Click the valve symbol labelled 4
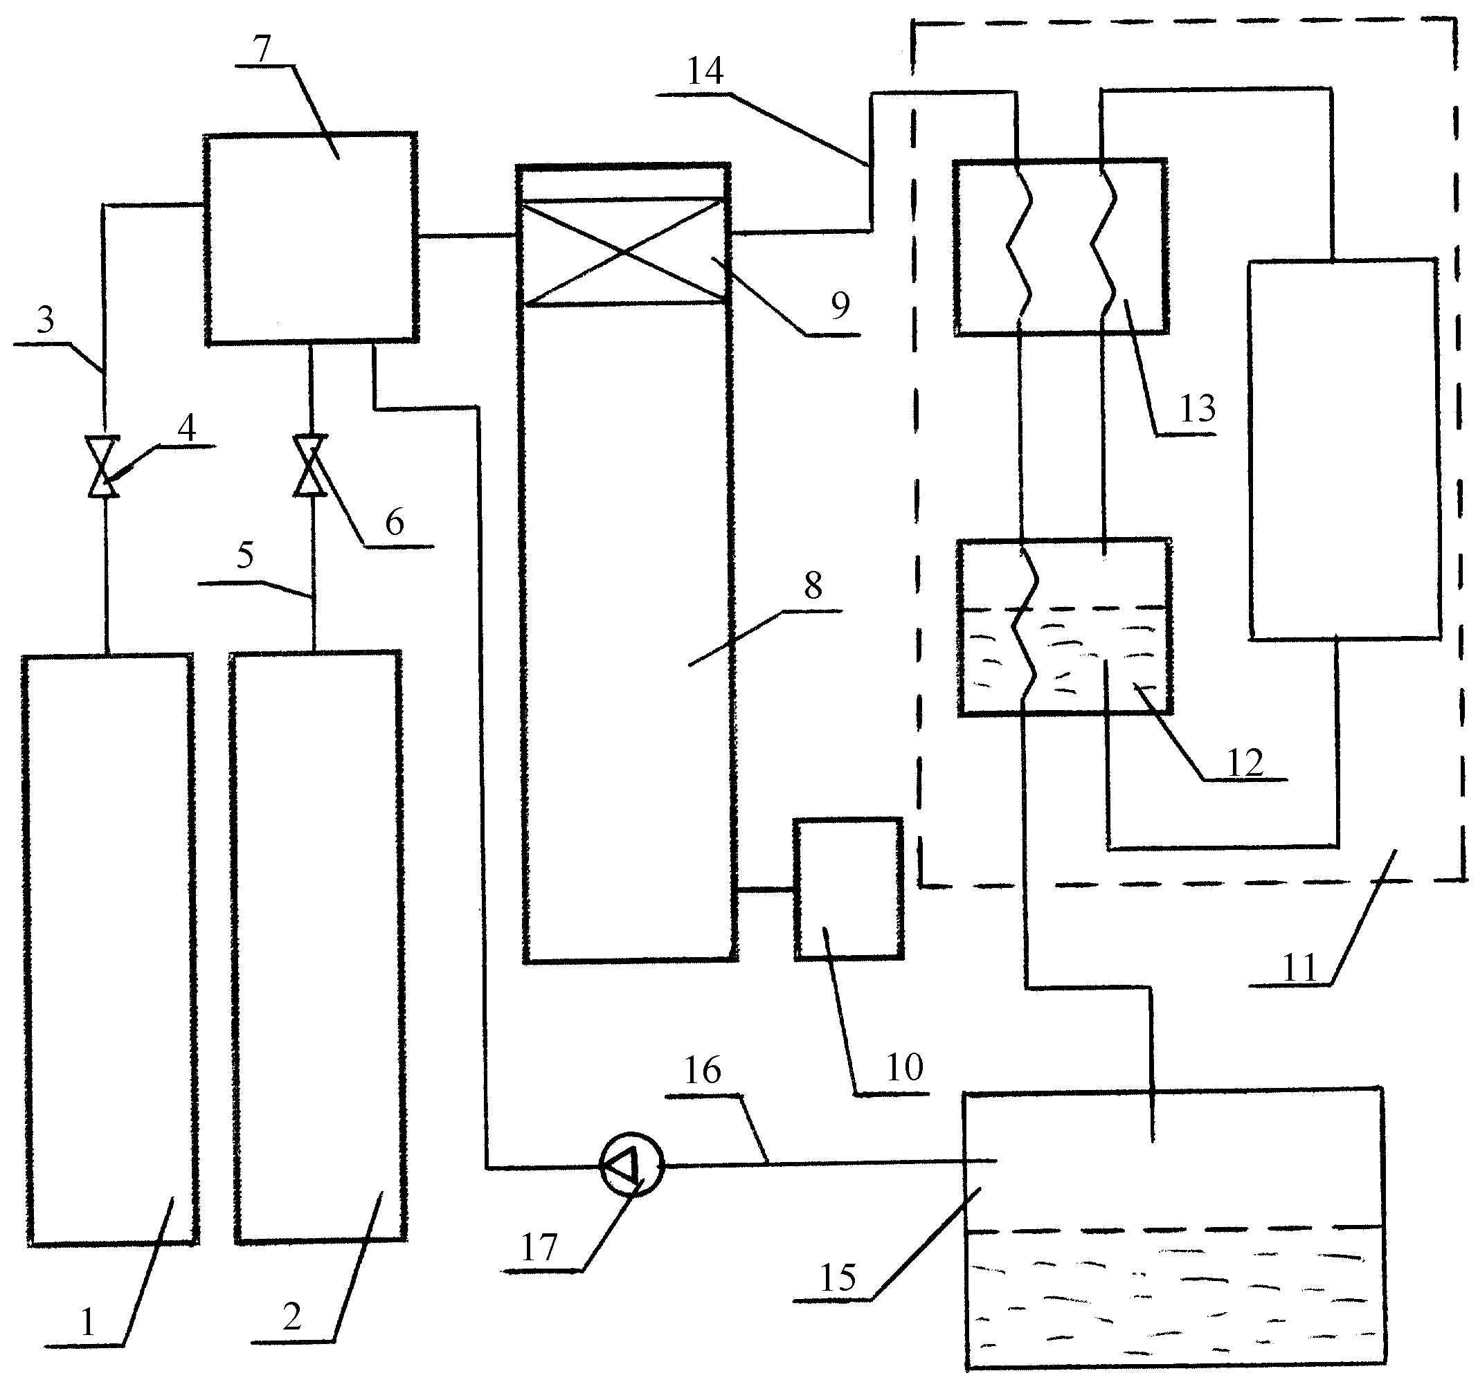coord(103,466)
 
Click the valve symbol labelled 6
coord(310,466)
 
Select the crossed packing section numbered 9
coord(624,252)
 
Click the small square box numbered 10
coord(848,889)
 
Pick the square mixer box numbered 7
coord(311,239)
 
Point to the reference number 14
coord(705,71)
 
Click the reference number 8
coord(813,585)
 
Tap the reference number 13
coord(1198,408)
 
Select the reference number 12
coord(1245,763)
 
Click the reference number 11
coord(1300,968)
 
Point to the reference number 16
coord(703,1071)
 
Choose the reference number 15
coord(838,1278)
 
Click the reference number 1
coord(88,1321)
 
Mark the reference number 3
coord(46,320)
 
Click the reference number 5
coord(245,555)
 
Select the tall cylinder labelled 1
coord(110,950)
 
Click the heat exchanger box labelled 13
coord(1061,247)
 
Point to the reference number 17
coord(539,1248)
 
